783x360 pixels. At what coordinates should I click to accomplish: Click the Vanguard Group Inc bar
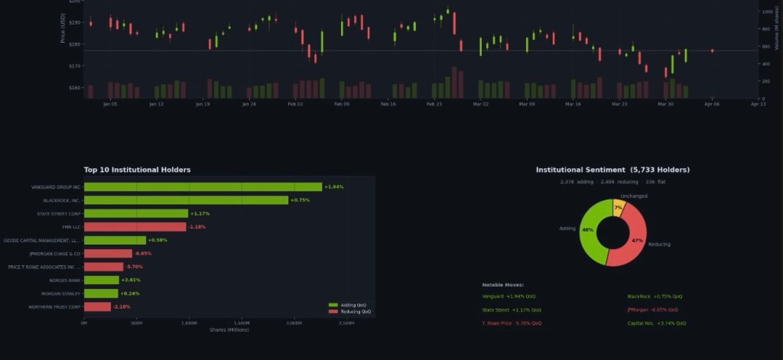pyautogui.click(x=203, y=186)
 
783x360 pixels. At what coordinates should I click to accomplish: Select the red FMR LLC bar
pyautogui.click(x=135, y=227)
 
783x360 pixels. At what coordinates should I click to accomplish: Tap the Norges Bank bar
pyautogui.click(x=101, y=281)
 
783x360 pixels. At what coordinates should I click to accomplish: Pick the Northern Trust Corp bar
pyautogui.click(x=97, y=306)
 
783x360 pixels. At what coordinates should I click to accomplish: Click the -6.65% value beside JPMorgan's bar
pyautogui.click(x=143, y=254)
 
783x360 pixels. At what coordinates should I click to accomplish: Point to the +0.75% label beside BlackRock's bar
pyautogui.click(x=301, y=200)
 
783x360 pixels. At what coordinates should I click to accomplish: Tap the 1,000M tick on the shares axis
pyautogui.click(x=189, y=323)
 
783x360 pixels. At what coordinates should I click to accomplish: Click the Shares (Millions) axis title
pyautogui.click(x=229, y=329)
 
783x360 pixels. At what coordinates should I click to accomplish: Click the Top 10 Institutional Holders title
pyautogui.click(x=138, y=170)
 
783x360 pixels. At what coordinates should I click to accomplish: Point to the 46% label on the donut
pyautogui.click(x=587, y=229)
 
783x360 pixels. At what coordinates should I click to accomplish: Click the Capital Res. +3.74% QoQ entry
pyautogui.click(x=655, y=324)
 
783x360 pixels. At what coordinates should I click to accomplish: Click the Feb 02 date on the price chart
pyautogui.click(x=295, y=103)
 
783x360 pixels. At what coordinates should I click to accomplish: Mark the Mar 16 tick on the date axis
pyautogui.click(x=573, y=103)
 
